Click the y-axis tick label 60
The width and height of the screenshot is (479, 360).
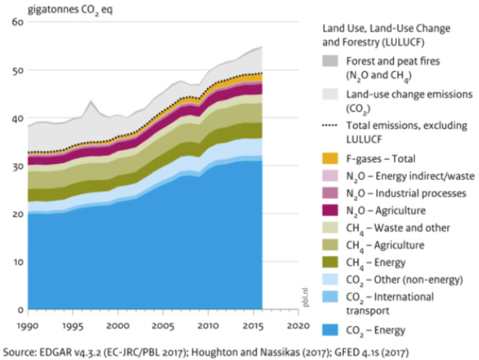[17, 22]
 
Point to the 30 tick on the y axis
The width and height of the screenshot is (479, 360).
[17, 165]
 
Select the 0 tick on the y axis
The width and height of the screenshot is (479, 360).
[20, 309]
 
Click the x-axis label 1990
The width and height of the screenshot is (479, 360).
[28, 325]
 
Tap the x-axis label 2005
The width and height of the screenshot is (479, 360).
[163, 325]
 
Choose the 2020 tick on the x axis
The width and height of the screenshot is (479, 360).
[298, 325]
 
